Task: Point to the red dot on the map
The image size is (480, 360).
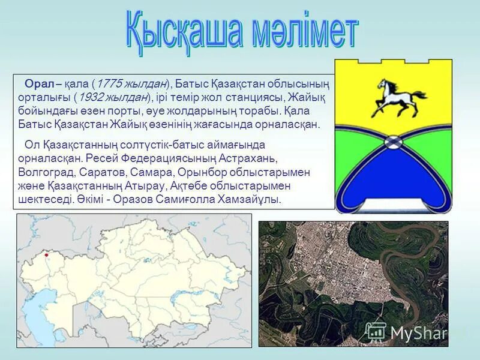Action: click(x=46, y=255)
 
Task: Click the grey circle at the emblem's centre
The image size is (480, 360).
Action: click(x=393, y=142)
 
